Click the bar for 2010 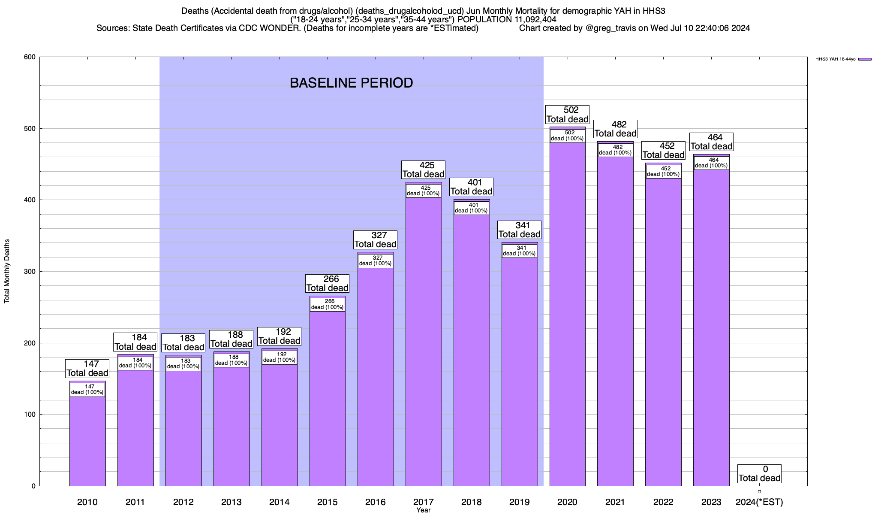tap(87, 442)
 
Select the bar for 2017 tap(424, 343)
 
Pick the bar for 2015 tap(328, 399)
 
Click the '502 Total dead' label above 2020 tap(567, 115)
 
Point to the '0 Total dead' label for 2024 tap(759, 474)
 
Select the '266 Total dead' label tap(328, 283)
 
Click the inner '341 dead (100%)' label tap(519, 251)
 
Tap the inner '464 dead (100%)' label tap(711, 163)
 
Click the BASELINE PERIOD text tap(351, 83)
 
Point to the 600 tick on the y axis tap(30, 57)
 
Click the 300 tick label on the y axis tap(30, 272)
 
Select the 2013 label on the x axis tap(232, 502)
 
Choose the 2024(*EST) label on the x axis tap(759, 502)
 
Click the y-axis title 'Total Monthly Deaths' tap(7, 271)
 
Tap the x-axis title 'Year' tap(423, 510)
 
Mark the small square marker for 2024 tap(759, 492)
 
